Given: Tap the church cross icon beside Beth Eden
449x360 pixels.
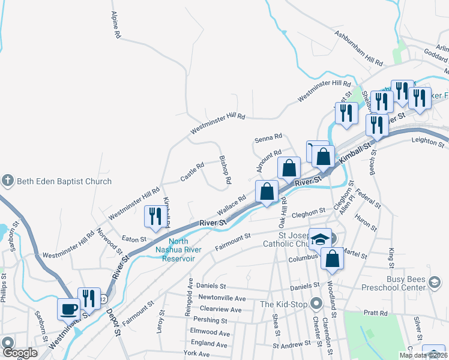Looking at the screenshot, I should pyautogui.click(x=7, y=181).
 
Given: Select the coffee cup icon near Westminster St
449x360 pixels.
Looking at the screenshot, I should pyautogui.click(x=68, y=310).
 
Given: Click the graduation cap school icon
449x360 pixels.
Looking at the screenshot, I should pyautogui.click(x=320, y=239).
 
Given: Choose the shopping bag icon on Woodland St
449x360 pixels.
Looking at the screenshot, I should pyautogui.click(x=332, y=259).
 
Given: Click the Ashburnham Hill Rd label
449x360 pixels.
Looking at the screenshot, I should pyautogui.click(x=359, y=49).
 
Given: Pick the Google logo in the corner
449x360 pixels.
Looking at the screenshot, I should pyautogui.click(x=20, y=353).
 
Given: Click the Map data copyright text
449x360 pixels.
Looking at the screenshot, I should pyautogui.click(x=423, y=355).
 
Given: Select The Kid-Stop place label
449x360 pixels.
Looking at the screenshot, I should pyautogui.click(x=284, y=304).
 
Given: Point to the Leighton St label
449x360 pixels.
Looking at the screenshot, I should pyautogui.click(x=426, y=140).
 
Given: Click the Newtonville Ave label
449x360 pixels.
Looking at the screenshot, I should pyautogui.click(x=223, y=298).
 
